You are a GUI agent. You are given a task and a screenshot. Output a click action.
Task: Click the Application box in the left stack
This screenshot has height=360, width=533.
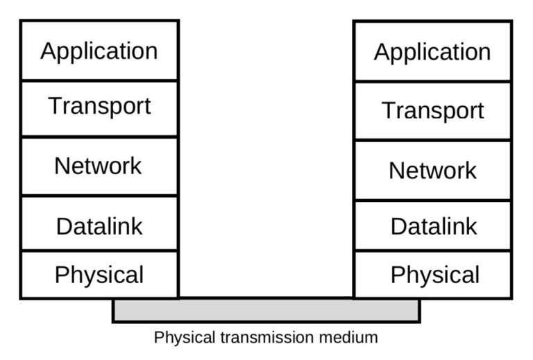(x=99, y=50)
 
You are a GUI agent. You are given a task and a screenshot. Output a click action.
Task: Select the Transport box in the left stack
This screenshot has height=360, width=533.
(x=99, y=108)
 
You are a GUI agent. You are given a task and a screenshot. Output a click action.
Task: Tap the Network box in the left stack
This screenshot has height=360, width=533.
(x=99, y=166)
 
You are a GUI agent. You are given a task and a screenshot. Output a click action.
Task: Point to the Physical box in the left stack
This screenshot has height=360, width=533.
(x=99, y=275)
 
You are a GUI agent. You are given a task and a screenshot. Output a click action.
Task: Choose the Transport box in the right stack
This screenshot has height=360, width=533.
(x=432, y=111)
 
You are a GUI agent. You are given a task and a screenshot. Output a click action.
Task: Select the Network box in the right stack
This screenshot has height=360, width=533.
(x=432, y=171)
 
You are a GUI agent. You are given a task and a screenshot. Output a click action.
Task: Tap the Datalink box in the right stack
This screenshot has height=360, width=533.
(x=432, y=226)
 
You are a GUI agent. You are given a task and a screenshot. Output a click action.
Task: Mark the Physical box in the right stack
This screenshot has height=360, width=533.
(x=432, y=275)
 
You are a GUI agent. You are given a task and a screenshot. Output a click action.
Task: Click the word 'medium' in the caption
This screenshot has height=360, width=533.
(x=353, y=338)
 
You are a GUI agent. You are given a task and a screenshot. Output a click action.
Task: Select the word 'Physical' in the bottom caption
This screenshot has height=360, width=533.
(x=180, y=338)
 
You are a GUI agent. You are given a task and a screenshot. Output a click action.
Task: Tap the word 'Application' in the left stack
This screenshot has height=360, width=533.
(x=99, y=51)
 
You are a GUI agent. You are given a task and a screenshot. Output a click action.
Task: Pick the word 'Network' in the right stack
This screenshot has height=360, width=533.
(x=432, y=171)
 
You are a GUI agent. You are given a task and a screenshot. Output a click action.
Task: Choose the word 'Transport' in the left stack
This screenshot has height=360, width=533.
(x=99, y=107)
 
